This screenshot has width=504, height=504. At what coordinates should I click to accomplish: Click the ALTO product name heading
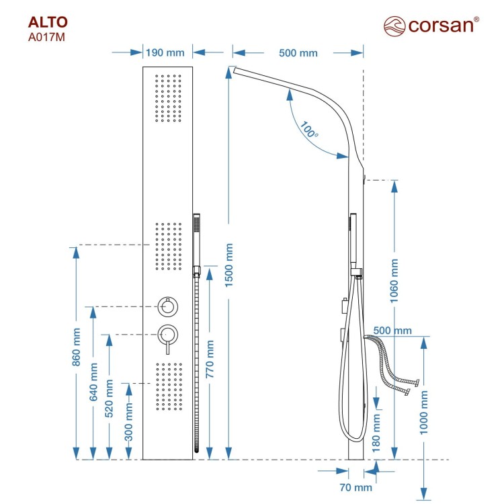48,22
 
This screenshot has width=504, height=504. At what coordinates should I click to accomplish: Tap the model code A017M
46,37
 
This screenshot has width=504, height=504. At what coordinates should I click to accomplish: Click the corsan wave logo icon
394,26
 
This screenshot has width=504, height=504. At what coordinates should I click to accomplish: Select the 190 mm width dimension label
165,52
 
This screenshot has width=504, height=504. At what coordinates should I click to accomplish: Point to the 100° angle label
308,129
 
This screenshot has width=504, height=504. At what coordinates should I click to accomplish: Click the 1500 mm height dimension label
228,265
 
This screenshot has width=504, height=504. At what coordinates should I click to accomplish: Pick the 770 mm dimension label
210,359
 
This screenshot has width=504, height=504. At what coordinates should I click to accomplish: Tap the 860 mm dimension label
76,347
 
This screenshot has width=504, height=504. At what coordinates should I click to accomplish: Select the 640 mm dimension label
93,382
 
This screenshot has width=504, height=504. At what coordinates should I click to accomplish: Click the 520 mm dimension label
110,398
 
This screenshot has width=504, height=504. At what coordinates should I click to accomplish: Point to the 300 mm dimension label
128,422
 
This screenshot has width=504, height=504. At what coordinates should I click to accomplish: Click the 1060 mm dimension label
394,281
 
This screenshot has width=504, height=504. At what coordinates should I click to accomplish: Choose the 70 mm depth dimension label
355,487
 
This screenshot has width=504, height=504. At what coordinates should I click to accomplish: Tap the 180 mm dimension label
376,433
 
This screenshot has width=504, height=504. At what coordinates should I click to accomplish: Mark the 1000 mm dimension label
424,413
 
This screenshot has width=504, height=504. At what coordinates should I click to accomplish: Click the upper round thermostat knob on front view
168,306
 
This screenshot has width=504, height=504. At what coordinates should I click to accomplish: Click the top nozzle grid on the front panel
168,98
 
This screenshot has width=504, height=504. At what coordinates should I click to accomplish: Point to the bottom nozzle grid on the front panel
169,386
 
